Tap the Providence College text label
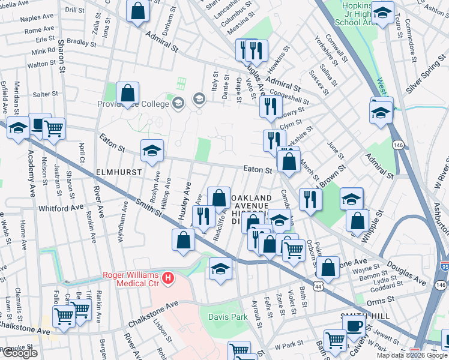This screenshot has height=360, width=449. click(133, 104)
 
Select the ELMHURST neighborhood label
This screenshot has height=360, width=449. click(119, 172)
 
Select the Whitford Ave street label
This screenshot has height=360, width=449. click(61, 208)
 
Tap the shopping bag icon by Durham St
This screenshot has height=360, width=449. click(138, 10)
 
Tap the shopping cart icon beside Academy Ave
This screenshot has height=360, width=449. click(54, 127)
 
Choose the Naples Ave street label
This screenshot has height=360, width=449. click(37, 19)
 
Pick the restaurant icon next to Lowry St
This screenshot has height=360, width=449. click(271, 106)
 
